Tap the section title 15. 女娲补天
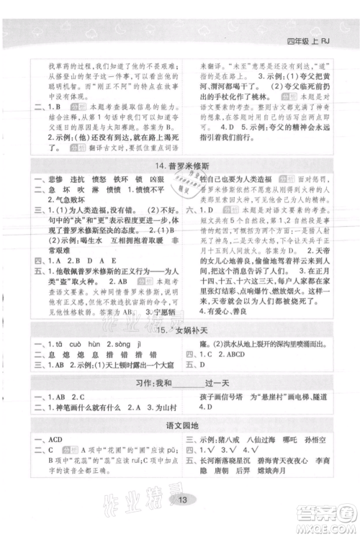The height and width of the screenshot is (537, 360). [180, 328]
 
